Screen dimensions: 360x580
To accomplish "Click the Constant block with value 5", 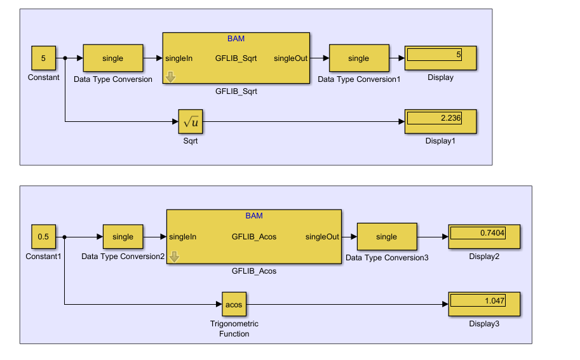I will coord(43,58).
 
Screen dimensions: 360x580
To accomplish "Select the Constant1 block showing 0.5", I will coord(43,237).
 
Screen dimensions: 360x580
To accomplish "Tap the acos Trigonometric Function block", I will coord(234,304).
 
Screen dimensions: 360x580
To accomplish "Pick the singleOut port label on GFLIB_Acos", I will coord(322,237).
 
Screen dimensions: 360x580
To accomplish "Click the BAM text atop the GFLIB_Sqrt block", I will coord(236,39).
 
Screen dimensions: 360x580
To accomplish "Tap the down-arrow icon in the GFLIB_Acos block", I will coord(173,257).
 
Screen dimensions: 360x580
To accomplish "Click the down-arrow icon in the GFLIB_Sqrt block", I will coord(170,77).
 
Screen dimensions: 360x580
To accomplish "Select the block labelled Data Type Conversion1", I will coord(358,58).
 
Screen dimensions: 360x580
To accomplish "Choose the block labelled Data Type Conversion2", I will coord(123,237).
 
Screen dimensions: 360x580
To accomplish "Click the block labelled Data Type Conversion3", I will coord(386,237).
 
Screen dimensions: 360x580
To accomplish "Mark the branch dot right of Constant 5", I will coord(65,58).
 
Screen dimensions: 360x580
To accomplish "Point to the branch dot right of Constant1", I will coord(65,237).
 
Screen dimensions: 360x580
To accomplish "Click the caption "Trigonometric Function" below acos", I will coord(234,329).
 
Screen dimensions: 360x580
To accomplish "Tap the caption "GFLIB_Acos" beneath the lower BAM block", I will coord(254,271).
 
